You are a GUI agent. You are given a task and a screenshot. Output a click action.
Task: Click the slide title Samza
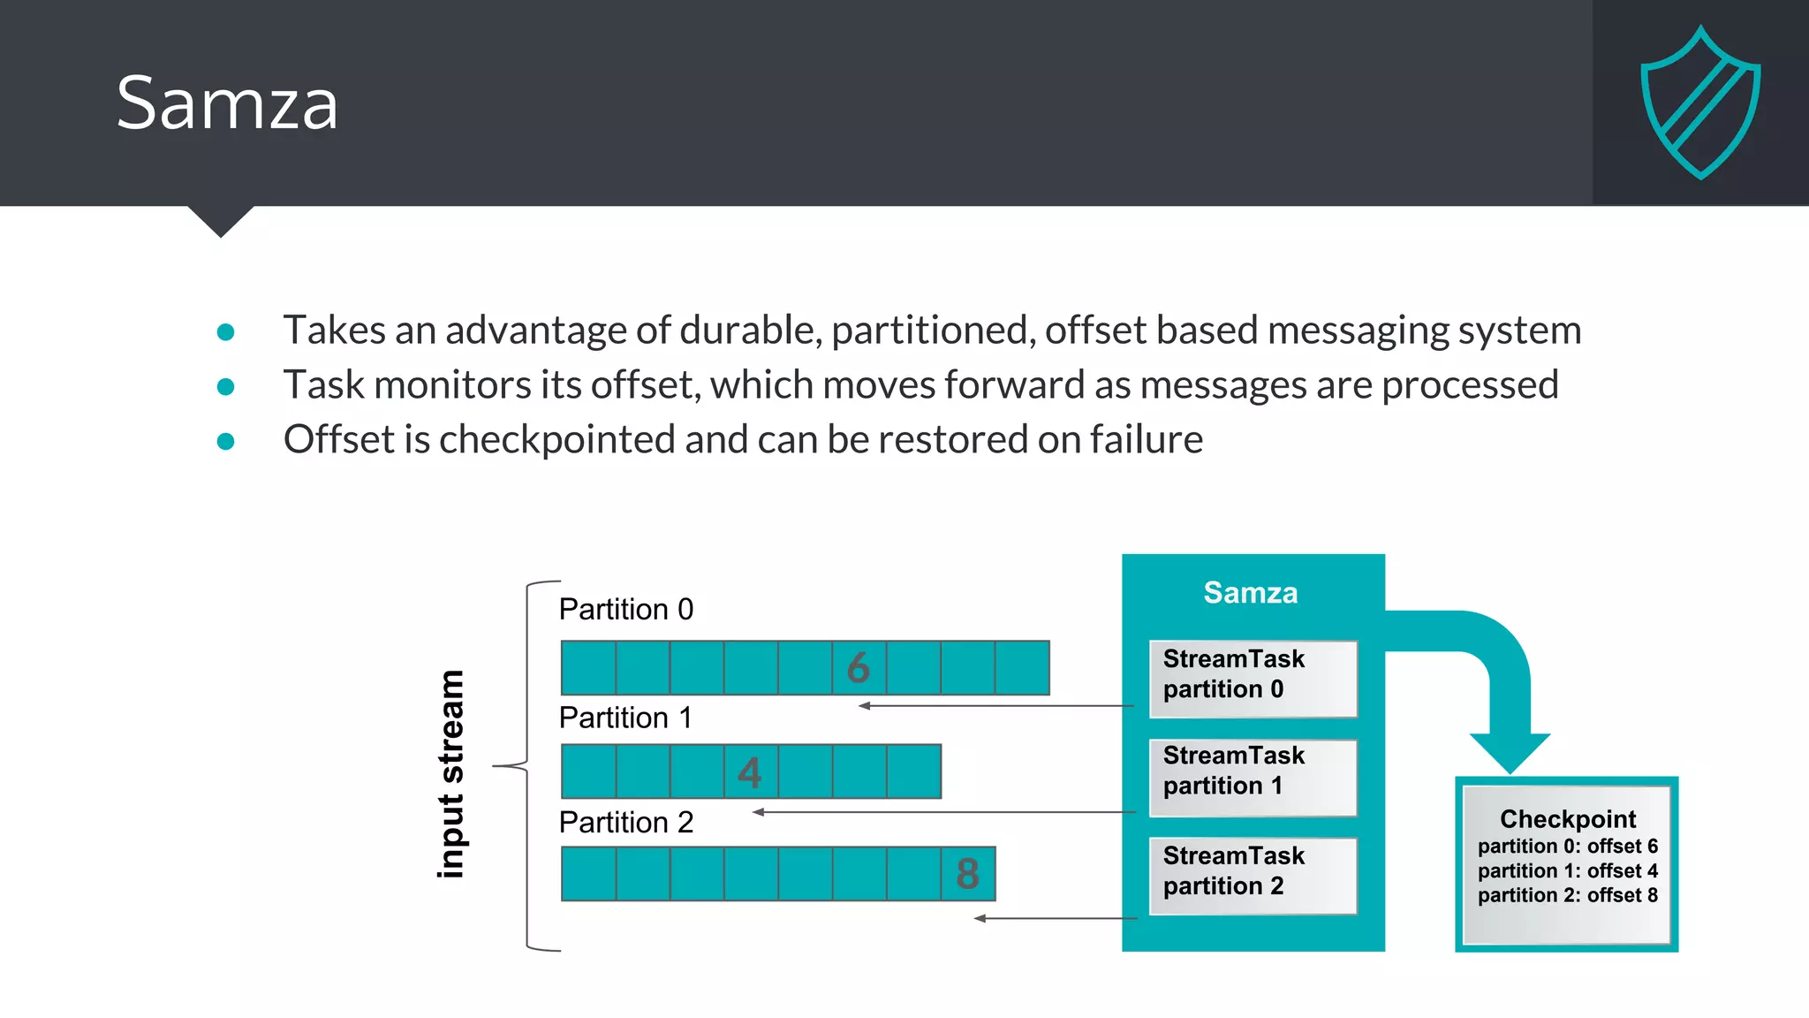[x=227, y=103]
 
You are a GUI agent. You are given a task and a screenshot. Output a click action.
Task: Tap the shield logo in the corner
[x=1700, y=103]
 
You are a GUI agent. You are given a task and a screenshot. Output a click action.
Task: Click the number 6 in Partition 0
[x=859, y=668]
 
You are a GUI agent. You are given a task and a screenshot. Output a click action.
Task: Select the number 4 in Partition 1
[x=750, y=772]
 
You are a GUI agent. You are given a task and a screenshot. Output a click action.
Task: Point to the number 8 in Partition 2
[x=968, y=874]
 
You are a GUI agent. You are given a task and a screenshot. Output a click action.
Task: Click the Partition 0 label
[x=626, y=609]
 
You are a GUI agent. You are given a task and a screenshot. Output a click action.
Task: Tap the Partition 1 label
[x=625, y=718]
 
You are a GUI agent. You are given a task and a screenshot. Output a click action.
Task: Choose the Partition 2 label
[x=626, y=822]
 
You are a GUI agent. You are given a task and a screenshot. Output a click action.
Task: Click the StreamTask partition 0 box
[x=1253, y=678]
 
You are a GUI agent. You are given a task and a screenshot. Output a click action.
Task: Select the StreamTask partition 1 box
[x=1253, y=777]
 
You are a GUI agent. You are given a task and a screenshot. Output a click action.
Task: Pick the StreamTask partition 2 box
[x=1253, y=875]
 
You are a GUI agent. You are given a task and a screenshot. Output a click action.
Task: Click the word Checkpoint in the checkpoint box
[x=1568, y=818]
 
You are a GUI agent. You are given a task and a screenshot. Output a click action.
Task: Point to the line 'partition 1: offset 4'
[x=1568, y=870]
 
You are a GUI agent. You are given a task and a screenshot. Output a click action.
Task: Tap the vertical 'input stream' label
[x=451, y=774]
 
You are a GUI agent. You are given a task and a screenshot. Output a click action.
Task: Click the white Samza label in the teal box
[x=1251, y=592]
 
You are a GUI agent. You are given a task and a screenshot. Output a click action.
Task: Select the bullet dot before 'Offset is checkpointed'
[x=226, y=441]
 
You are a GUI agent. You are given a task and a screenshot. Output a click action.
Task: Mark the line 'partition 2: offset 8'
[x=1568, y=895]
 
